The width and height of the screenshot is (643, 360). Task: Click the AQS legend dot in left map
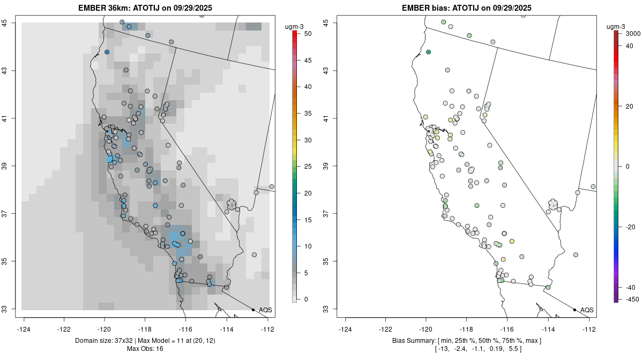point(253,310)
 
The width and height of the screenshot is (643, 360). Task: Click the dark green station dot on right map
point(428,52)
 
